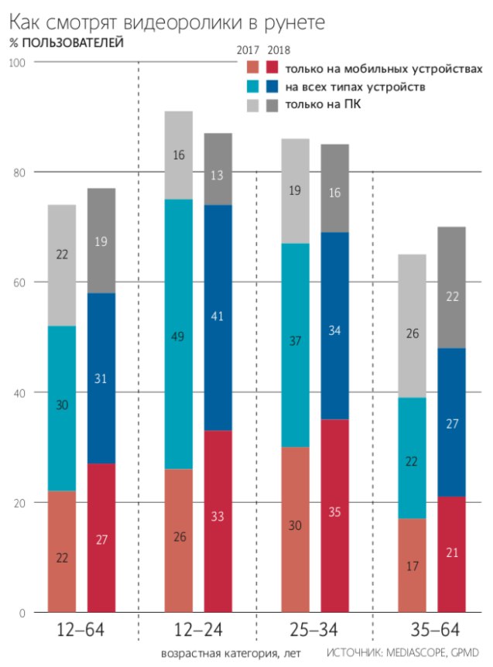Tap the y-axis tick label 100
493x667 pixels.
pos(17,63)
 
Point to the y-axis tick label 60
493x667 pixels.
pos(17,282)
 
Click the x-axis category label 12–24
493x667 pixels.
pos(197,631)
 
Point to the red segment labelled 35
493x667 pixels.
pos(334,515)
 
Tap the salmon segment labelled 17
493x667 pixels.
pos(412,565)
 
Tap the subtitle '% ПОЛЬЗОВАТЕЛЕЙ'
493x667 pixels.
pos(65,43)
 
